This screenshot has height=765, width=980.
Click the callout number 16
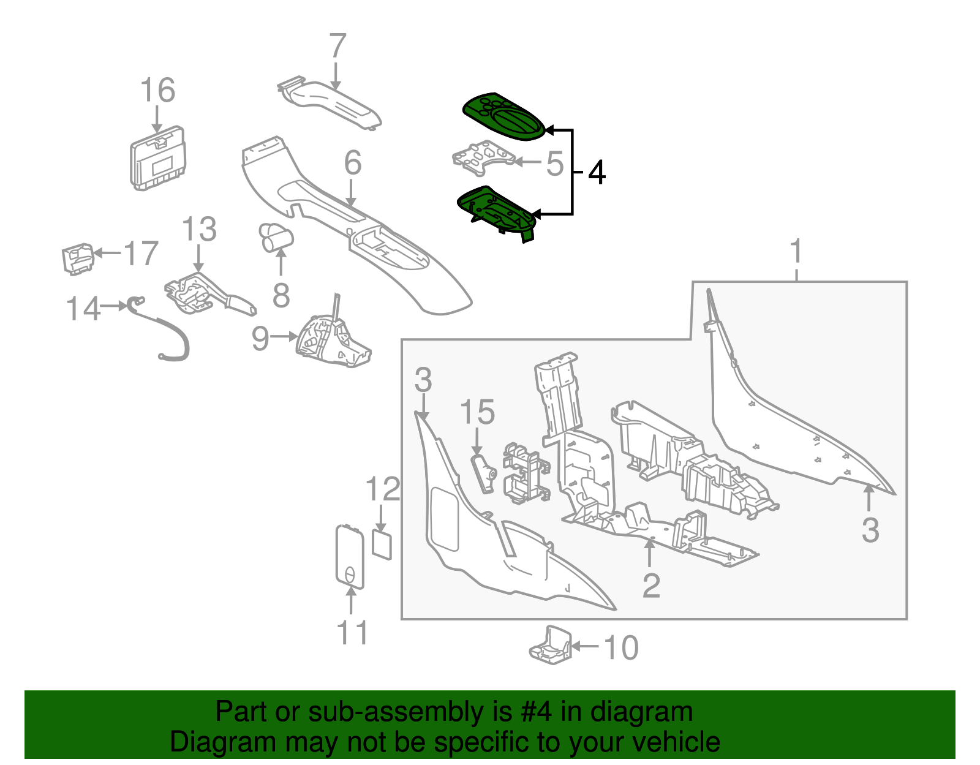pyautogui.click(x=157, y=90)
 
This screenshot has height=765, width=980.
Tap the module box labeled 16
pyautogui.click(x=157, y=159)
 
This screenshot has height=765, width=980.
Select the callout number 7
pyautogui.click(x=337, y=47)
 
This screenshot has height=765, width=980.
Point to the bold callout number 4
pyautogui.click(x=597, y=173)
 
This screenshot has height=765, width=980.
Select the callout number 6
pyautogui.click(x=352, y=163)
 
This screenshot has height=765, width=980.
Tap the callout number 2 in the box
pyautogui.click(x=650, y=586)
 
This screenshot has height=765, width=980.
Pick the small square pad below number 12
pyautogui.click(x=382, y=544)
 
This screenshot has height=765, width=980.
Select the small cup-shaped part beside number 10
pyautogui.click(x=550, y=646)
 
